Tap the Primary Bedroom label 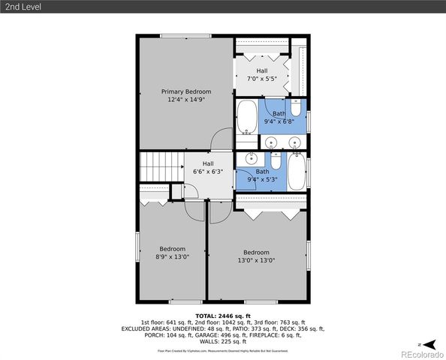pos(185,91)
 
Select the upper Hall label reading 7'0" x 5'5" pos(261,74)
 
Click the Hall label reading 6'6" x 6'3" pos(208,167)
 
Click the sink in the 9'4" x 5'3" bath pos(252,158)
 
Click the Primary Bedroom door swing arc pos(221,139)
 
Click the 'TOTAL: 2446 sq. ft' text pos(222,316)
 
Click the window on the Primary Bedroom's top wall pos(185,35)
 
